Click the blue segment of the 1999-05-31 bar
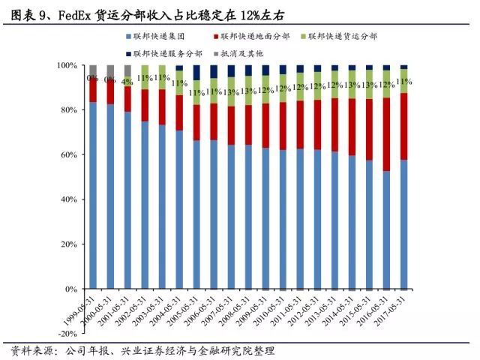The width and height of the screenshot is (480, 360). [x=93, y=195]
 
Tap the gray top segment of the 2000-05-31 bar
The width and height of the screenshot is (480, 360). [x=110, y=71]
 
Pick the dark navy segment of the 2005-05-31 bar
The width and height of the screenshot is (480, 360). [x=197, y=72]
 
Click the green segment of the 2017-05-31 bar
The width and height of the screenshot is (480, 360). [x=403, y=82]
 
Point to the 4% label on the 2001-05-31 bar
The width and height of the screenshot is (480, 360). [x=127, y=82]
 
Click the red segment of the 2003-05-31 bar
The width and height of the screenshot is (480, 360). [x=162, y=107]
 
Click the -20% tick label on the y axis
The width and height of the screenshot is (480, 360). [x=66, y=333]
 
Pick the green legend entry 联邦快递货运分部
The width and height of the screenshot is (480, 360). [x=346, y=36]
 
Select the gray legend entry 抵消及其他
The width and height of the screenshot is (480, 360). [x=244, y=53]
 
